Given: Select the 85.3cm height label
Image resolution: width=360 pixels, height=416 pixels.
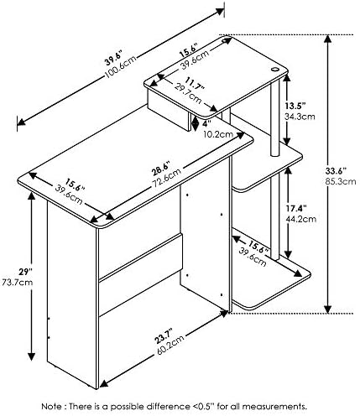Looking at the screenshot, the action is [x=341, y=181].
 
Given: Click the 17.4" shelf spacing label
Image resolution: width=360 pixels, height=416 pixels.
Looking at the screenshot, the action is [x=296, y=208].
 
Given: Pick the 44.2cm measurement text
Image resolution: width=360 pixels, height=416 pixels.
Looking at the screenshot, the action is [x=301, y=219].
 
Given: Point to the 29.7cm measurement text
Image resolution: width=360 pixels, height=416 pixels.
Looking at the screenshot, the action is [x=188, y=93].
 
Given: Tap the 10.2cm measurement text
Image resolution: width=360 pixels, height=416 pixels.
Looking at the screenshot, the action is [x=218, y=134].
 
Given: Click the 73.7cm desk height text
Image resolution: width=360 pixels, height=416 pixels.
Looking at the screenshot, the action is [x=18, y=282].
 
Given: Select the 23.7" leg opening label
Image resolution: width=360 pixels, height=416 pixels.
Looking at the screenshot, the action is [x=163, y=336].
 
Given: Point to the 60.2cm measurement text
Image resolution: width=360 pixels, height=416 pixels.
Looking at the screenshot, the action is [x=170, y=345].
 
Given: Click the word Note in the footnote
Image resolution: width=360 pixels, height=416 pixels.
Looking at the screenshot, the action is [x=53, y=406].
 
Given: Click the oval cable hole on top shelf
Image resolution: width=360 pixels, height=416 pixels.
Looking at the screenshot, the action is [x=274, y=70].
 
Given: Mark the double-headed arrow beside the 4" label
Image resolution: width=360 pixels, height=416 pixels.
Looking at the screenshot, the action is [x=196, y=122].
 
